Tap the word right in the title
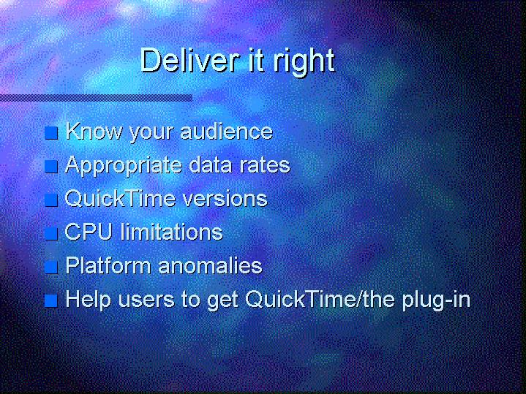click(x=304, y=61)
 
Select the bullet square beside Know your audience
click(x=51, y=133)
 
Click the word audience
click(x=227, y=131)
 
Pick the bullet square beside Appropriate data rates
click(x=51, y=167)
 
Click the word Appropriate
click(x=123, y=166)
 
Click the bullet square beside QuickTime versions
click(x=51, y=200)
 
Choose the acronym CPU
click(x=89, y=232)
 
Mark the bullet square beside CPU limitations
click(x=51, y=233)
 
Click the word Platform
click(x=108, y=265)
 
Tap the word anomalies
click(x=210, y=265)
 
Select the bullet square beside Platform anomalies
click(x=51, y=268)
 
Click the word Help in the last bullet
click(x=88, y=300)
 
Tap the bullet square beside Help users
click(x=51, y=300)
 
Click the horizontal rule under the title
click(x=96, y=98)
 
